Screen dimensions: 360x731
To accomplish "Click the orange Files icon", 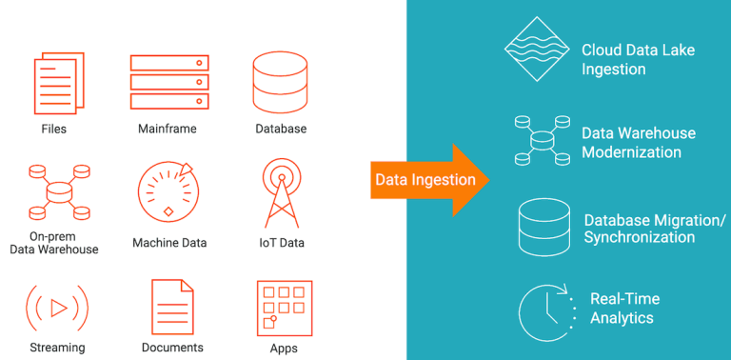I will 54,83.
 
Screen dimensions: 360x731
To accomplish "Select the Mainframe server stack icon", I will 168,81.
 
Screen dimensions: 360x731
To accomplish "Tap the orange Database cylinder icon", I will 280,80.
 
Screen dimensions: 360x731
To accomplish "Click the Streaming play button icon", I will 56,307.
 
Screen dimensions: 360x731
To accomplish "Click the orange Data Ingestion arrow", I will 428,180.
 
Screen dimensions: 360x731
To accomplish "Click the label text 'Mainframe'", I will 168,129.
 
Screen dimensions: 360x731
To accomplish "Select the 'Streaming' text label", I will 57,348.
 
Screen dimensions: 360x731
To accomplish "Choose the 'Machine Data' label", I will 171,243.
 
